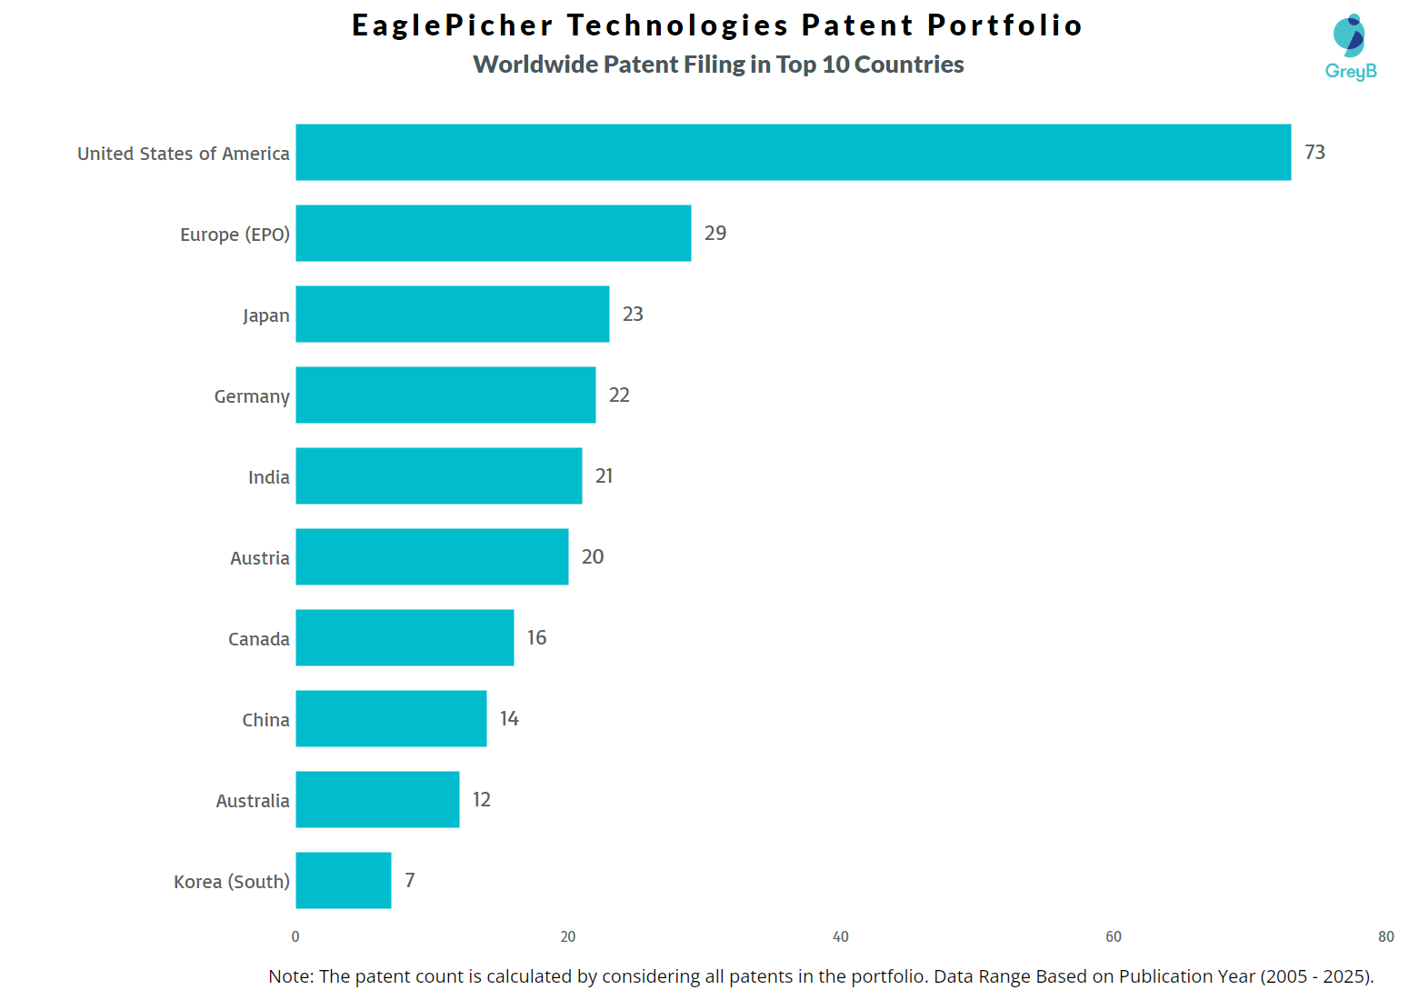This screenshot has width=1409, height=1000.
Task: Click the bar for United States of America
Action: [793, 152]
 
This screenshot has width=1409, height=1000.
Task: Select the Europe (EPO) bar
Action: [493, 233]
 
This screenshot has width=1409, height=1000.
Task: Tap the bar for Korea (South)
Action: [343, 880]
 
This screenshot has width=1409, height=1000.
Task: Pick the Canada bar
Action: [405, 637]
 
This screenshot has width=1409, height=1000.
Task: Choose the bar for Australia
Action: [377, 799]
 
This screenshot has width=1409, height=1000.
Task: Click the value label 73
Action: [1314, 152]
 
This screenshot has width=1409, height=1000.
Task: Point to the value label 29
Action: [715, 233]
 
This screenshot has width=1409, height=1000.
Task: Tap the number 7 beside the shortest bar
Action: [410, 880]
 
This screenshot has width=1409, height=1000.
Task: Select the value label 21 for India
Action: [604, 475]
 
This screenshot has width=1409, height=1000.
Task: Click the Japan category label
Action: [265, 315]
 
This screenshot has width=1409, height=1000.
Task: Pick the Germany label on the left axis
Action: [252, 396]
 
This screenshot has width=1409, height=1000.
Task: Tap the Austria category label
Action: [259, 558]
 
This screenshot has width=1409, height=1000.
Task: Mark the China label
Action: [265, 720]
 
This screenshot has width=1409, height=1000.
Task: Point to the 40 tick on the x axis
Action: [840, 936]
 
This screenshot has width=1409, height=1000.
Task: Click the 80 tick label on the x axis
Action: [1385, 936]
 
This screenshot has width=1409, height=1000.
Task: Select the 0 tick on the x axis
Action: [295, 936]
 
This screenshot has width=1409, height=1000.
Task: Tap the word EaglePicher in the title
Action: [453, 25]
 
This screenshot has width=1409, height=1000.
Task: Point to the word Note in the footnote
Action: [289, 976]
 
